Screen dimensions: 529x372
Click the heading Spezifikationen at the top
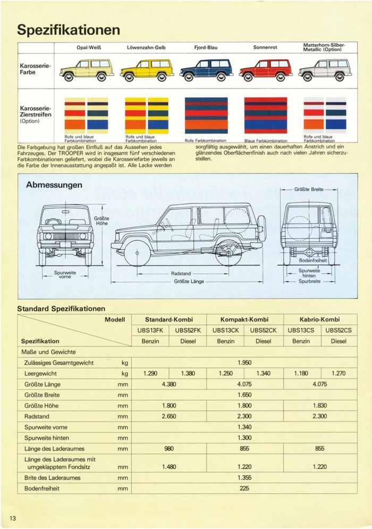69,30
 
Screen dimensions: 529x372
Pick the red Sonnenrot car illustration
266,70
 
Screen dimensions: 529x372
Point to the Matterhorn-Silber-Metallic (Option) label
325,47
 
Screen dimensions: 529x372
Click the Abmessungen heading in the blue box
54,185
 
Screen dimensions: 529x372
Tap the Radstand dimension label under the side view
181,274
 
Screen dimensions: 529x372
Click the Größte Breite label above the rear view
309,189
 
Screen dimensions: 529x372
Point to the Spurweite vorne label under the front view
64,275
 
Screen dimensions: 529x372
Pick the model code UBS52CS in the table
339,330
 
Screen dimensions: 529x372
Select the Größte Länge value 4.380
169,384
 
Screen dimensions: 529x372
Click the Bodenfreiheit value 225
244,488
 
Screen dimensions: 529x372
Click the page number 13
12,518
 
